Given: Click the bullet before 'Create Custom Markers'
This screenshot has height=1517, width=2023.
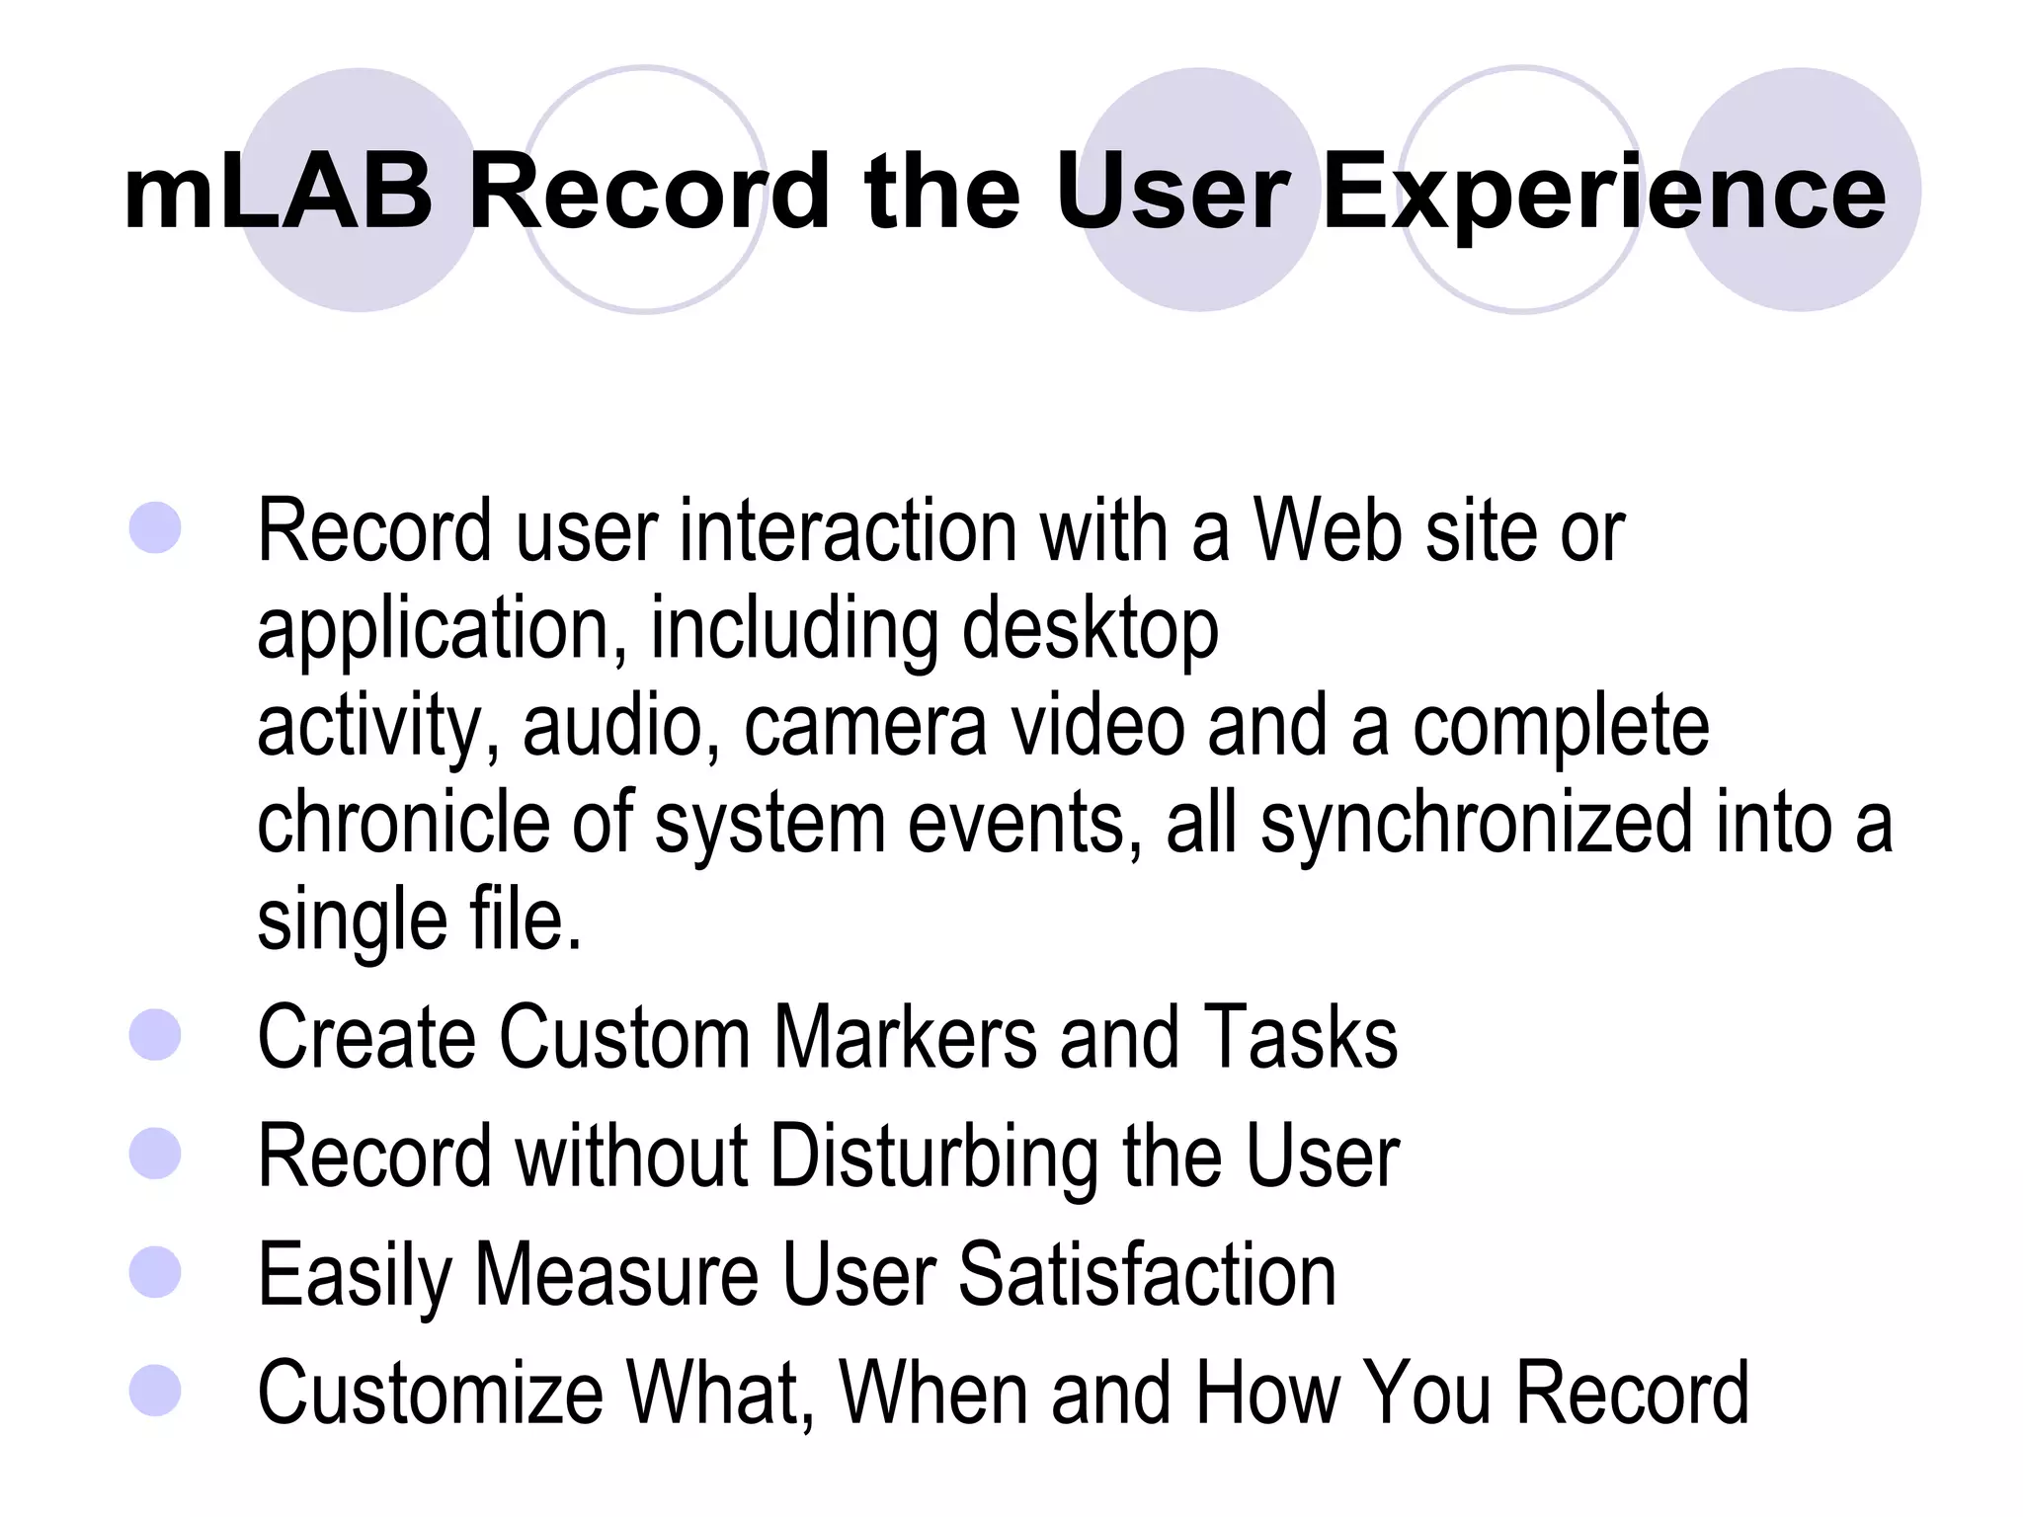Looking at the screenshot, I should pyautogui.click(x=155, y=1034).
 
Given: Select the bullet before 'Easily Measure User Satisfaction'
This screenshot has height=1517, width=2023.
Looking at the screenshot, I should pyautogui.click(x=155, y=1271).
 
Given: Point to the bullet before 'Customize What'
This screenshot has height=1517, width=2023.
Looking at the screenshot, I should pyautogui.click(x=155, y=1390).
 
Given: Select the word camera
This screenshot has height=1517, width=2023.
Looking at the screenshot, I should pyautogui.click(x=865, y=726).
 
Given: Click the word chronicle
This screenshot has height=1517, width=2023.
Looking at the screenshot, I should pyautogui.click(x=403, y=822).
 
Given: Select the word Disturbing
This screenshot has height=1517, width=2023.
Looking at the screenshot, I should pyautogui.click(x=933, y=1158).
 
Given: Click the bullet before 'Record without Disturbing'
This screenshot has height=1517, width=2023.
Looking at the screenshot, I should pyautogui.click(x=155, y=1154).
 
